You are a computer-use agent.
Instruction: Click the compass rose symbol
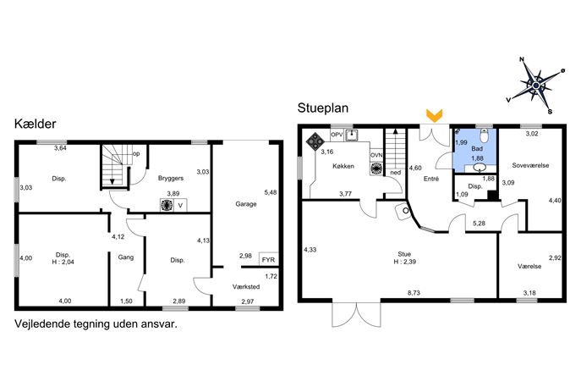(x=536, y=86)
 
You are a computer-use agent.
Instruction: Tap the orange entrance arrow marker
(x=434, y=115)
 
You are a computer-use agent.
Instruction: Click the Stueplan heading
(x=323, y=108)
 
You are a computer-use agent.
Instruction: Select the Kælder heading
(x=36, y=124)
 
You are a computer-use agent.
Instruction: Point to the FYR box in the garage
(x=268, y=259)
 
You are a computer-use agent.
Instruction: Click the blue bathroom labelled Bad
(x=474, y=150)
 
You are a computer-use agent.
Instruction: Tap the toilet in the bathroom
(x=484, y=135)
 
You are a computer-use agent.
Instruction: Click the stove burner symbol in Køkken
(x=315, y=141)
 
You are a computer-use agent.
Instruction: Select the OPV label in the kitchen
(x=337, y=135)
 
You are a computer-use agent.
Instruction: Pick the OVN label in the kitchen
(x=376, y=155)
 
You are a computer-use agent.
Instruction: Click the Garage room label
(x=246, y=204)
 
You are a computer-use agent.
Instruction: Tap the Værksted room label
(x=246, y=286)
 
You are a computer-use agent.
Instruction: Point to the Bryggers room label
(x=171, y=178)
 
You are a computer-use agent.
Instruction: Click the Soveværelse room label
(x=530, y=165)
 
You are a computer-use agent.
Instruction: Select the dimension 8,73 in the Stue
(x=414, y=292)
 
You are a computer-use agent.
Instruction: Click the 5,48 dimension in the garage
(x=271, y=192)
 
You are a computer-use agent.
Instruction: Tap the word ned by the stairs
(x=395, y=173)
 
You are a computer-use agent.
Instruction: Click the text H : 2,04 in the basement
(x=63, y=262)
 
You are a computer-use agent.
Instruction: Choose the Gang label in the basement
(x=126, y=257)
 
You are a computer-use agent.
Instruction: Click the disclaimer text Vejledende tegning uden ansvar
(x=96, y=324)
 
